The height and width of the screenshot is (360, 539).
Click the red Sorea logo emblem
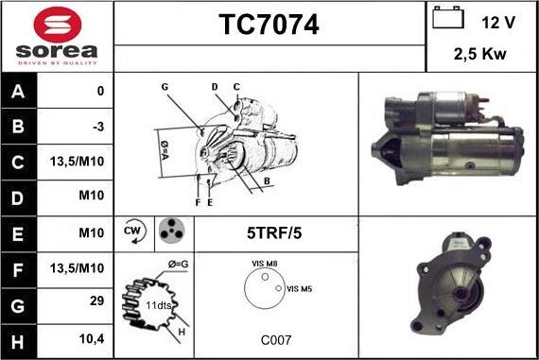point(58,25)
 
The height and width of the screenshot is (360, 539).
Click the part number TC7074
point(269,25)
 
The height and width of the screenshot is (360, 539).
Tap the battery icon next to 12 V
point(448,18)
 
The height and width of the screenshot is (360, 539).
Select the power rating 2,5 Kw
point(479,54)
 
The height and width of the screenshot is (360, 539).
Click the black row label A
point(18,92)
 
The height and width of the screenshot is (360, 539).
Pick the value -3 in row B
point(98,127)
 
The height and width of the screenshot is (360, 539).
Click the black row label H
point(18,342)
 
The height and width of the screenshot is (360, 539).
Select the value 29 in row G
point(96,300)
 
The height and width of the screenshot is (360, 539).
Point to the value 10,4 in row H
point(92,339)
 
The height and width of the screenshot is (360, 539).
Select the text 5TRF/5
point(274,232)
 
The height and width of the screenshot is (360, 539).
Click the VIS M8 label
point(265,264)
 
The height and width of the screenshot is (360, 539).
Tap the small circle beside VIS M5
point(279,288)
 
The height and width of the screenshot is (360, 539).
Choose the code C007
point(276,340)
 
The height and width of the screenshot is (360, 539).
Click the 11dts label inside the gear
point(158,305)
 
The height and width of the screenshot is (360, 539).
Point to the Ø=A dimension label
point(164,150)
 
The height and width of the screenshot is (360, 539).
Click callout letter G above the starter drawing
point(165,87)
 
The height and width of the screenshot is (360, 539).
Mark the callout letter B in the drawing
point(267,181)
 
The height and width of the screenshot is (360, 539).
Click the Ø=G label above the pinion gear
point(179,265)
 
